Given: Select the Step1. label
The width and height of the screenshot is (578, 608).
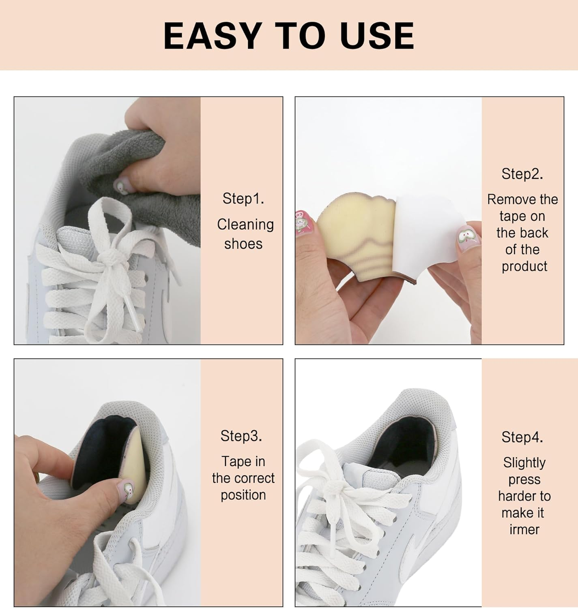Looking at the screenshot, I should pos(243,199).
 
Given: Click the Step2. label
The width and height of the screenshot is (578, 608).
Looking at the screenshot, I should pos(522,174).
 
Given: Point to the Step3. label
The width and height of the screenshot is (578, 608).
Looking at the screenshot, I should pos(241,436).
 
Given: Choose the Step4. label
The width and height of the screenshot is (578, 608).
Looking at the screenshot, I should pos(522,437).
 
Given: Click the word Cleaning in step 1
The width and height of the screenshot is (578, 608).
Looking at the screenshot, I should pos(245,224).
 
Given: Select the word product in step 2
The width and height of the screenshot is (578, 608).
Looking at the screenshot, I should pos(524,266).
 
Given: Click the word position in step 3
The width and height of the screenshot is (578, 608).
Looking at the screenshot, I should pos(243,495).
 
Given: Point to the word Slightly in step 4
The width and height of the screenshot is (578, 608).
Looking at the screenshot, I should pos(524,462).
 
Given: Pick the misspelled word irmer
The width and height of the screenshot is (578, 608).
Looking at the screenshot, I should pos(524,529).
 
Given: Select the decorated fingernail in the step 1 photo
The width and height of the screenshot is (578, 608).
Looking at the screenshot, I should pos(120,186).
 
